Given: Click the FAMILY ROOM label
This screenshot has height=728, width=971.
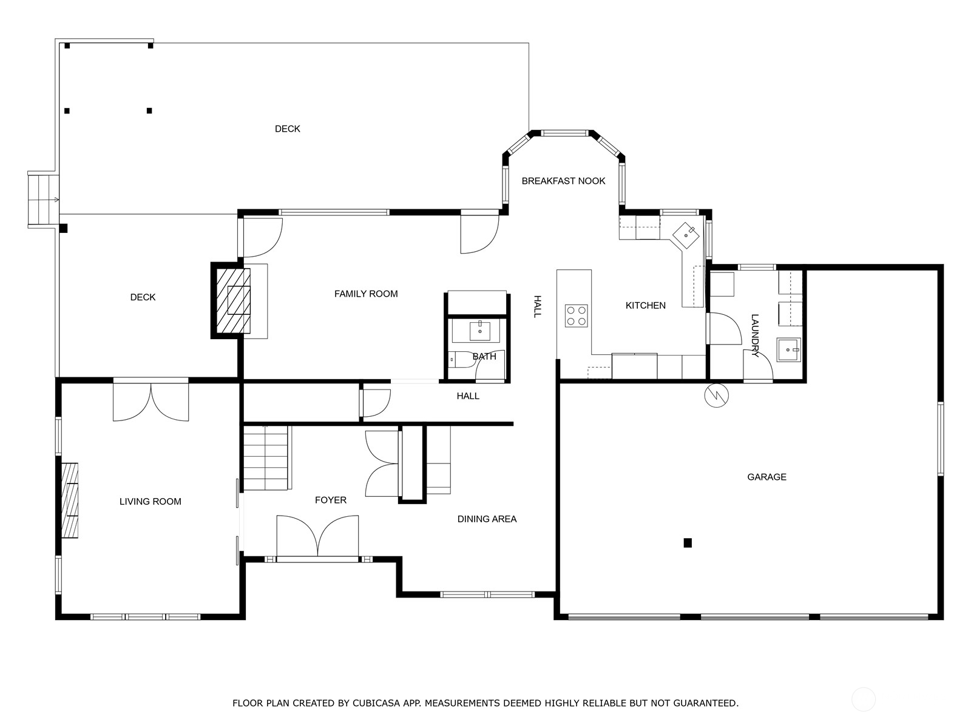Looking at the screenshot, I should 366,294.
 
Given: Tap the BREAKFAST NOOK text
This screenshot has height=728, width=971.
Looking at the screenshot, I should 563,181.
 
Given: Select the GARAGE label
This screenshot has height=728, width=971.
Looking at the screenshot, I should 766,477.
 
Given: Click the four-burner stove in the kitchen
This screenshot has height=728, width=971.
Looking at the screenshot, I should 577,315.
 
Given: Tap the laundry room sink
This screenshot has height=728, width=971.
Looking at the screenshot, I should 788,349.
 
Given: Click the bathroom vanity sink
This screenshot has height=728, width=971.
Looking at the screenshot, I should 480,331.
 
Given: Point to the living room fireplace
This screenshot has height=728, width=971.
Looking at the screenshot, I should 70,500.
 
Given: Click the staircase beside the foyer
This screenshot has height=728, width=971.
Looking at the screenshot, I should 266,458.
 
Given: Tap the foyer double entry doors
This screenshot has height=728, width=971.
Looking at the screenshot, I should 317,536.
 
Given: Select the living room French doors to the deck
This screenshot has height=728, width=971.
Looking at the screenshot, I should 151,400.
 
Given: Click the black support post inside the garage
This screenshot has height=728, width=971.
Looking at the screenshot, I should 688,543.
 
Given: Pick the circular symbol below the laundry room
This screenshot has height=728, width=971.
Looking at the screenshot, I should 716,396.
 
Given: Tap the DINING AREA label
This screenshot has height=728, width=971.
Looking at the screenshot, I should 487,519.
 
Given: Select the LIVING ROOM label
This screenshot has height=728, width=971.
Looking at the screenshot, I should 150,501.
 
